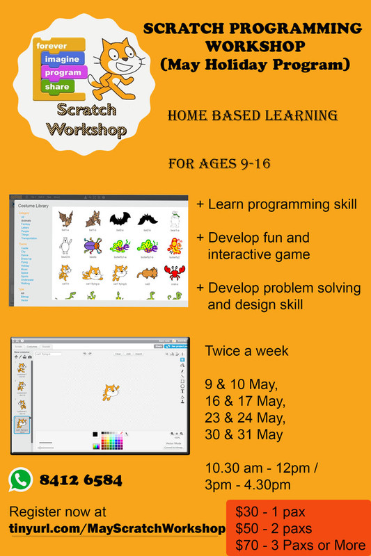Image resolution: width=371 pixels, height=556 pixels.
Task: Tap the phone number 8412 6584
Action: coord(82,480)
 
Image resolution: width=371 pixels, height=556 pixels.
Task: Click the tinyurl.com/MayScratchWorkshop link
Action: coord(117,529)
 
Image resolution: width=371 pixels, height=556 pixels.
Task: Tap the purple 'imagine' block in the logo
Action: coord(62,60)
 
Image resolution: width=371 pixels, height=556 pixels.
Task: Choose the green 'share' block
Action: coord(58,87)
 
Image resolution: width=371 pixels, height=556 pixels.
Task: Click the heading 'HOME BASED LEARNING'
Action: coord(253,115)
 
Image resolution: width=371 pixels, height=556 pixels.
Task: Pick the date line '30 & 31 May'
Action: coord(244,435)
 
